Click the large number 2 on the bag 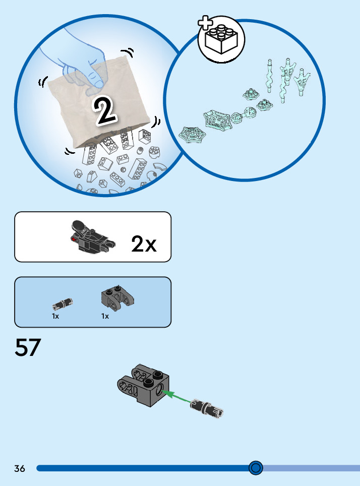pyautogui.click(x=105, y=110)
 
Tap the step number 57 pyautogui.click(x=28, y=347)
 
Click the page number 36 pyautogui.click(x=20, y=468)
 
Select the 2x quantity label pyautogui.click(x=144, y=244)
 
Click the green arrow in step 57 pyautogui.click(x=176, y=397)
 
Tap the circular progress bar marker pyautogui.click(x=256, y=468)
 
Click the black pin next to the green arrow pyautogui.click(x=207, y=407)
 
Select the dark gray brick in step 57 pyautogui.click(x=143, y=385)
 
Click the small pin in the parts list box pyautogui.click(x=63, y=304)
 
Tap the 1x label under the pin pyautogui.click(x=55, y=316)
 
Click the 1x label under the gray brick pyautogui.click(x=105, y=316)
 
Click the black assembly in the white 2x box pyautogui.click(x=92, y=237)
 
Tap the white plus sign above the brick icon pyautogui.click(x=205, y=23)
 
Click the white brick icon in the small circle pyautogui.click(x=221, y=40)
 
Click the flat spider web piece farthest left pyautogui.click(x=192, y=135)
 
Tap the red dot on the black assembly pyautogui.click(x=74, y=239)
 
